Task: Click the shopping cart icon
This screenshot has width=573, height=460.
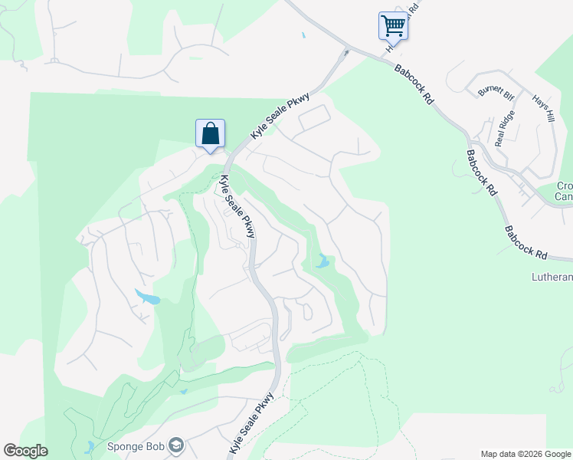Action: (x=393, y=25)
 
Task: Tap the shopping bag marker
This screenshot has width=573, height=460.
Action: (x=210, y=133)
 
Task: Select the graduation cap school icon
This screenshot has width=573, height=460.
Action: (x=177, y=445)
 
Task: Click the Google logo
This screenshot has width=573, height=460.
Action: (x=25, y=451)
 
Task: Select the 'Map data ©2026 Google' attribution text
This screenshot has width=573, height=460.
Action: (x=526, y=454)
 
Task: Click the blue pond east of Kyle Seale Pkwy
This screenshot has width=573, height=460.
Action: (x=322, y=263)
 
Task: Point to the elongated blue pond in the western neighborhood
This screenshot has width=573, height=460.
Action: (x=148, y=297)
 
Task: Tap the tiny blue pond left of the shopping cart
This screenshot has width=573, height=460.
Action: (x=303, y=35)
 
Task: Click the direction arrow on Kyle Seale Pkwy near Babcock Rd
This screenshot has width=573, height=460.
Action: (x=346, y=53)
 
